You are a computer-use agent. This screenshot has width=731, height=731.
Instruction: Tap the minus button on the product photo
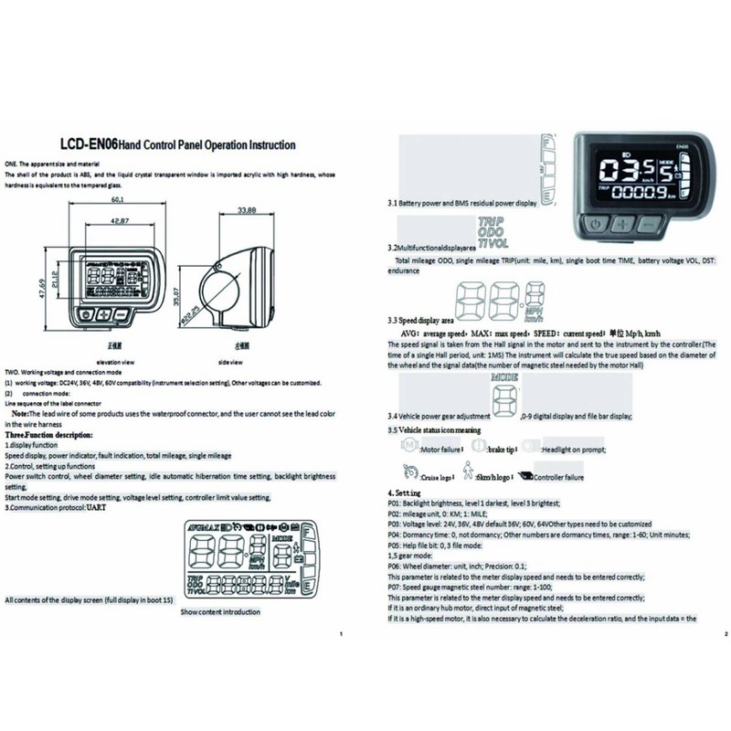coord(648,223)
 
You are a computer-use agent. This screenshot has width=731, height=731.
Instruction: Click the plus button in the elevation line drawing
coord(103,314)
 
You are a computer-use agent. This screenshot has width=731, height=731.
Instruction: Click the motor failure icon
coord(403,449)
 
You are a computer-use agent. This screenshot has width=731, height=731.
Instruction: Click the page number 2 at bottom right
coord(723,634)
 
